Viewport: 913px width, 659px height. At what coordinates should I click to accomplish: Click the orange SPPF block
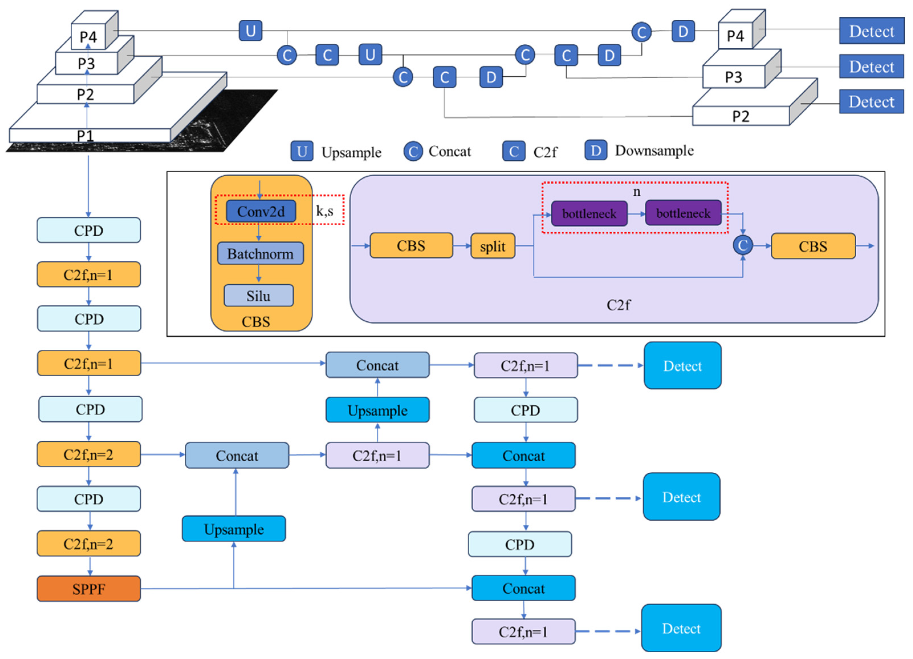[x=89, y=589]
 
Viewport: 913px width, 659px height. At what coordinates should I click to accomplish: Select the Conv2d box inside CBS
[x=261, y=211]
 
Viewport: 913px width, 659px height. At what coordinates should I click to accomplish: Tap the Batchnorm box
[x=260, y=254]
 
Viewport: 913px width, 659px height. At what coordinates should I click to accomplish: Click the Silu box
[x=258, y=296]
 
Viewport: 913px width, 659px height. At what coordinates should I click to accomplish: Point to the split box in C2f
[x=492, y=246]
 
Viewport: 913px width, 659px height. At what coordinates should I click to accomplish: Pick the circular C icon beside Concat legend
[x=413, y=151]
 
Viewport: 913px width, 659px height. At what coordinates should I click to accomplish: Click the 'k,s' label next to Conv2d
[x=325, y=211]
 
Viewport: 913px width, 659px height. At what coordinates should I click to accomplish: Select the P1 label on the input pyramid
[x=85, y=136]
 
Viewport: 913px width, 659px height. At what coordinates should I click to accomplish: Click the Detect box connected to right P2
[x=871, y=102]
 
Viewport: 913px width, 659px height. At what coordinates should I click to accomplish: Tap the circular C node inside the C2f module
[x=743, y=245]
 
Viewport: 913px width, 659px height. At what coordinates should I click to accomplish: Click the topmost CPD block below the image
[x=89, y=230]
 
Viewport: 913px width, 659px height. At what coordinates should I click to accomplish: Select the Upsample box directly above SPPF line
[x=234, y=529]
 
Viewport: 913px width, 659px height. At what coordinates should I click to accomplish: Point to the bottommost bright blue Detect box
[x=681, y=628]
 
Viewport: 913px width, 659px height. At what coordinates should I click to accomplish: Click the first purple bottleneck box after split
[x=589, y=213]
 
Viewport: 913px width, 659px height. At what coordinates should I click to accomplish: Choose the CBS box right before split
[x=411, y=245]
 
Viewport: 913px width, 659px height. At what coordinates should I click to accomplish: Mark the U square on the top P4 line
[x=250, y=31]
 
